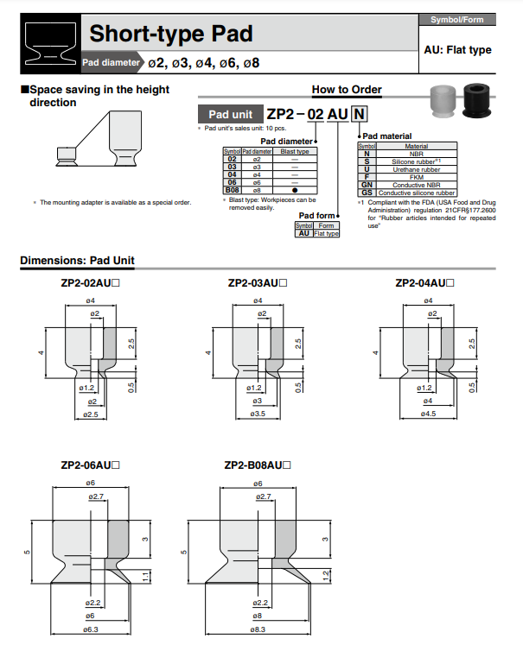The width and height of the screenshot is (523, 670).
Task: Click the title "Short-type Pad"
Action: pos(170,35)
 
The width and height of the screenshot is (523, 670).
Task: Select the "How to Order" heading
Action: pos(346,90)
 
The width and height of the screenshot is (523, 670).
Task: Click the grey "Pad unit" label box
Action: pos(230,114)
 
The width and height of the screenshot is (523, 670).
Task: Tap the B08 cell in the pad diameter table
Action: pos(232,189)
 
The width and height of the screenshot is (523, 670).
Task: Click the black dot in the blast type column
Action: pos(296,189)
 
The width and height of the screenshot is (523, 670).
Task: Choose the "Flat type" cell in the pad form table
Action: pos(326,233)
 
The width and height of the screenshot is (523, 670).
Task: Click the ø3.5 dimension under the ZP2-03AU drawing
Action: pos(257,414)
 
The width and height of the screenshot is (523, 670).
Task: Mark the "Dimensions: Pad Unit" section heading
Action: pos(77,261)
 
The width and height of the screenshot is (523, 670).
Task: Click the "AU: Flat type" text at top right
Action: pos(457,50)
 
